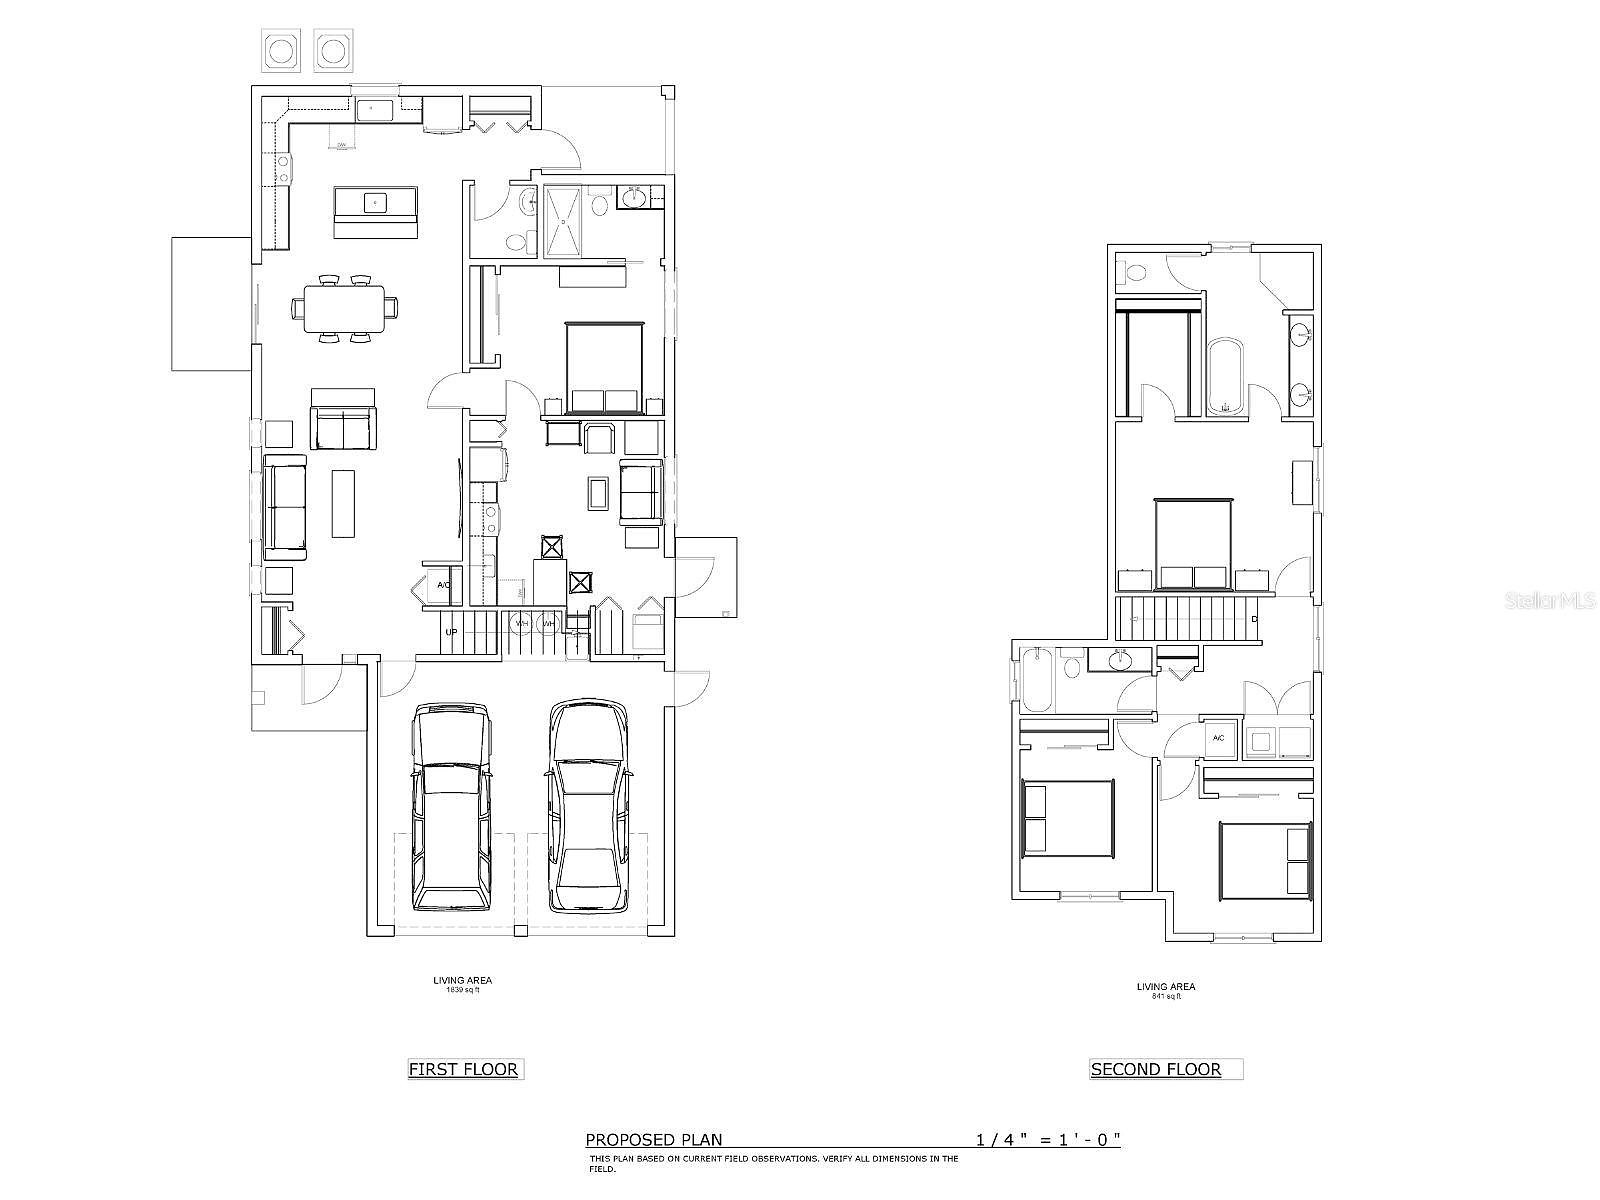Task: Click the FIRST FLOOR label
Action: pyautogui.click(x=463, y=1069)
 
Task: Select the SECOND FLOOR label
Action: pyautogui.click(x=1156, y=1069)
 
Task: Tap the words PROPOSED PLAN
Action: pyautogui.click(x=653, y=1139)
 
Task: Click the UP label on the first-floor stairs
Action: pyautogui.click(x=452, y=632)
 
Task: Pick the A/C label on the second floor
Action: pyautogui.click(x=1218, y=739)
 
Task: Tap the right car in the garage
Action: pyautogui.click(x=588, y=806)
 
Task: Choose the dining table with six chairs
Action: pyautogui.click(x=344, y=310)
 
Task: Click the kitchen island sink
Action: pyautogui.click(x=375, y=202)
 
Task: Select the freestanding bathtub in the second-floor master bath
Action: pyautogui.click(x=1225, y=377)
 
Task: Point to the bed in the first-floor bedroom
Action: pyautogui.click(x=605, y=368)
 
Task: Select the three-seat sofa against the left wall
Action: pyautogui.click(x=285, y=507)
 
